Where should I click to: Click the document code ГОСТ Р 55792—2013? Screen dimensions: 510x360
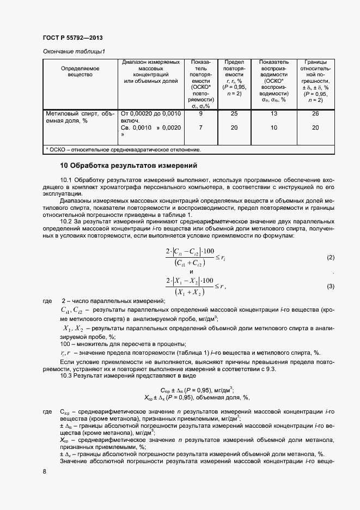72,38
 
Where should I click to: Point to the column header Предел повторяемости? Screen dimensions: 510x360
234,78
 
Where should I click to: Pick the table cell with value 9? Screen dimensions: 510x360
201,114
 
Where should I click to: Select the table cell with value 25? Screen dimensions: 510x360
234,114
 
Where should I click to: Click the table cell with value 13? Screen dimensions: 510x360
273,114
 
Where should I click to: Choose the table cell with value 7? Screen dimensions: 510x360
201,127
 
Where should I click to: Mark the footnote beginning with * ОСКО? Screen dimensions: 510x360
124,149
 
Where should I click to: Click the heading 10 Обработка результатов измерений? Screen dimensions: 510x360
128,165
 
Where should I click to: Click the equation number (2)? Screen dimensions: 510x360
330,257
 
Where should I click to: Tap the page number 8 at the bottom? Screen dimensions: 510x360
44,470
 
